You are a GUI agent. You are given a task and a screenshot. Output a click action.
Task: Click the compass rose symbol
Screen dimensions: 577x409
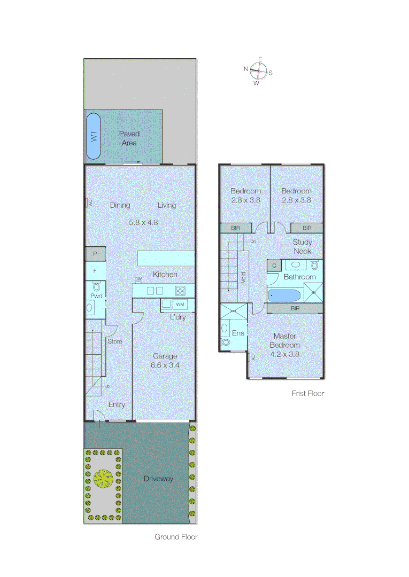click(x=259, y=71)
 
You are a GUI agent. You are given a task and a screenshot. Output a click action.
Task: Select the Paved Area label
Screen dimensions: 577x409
click(x=129, y=138)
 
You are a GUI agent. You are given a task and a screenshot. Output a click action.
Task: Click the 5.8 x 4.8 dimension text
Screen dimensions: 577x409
click(x=143, y=222)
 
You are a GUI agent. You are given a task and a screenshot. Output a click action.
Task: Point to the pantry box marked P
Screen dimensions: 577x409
click(x=95, y=254)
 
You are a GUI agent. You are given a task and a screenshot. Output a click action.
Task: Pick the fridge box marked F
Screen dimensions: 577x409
click(x=95, y=271)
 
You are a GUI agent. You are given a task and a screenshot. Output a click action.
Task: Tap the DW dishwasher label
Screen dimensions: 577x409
click(x=138, y=279)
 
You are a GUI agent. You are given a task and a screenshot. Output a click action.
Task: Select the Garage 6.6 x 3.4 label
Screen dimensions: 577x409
click(x=165, y=361)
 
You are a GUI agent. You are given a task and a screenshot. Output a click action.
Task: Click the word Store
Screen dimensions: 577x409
click(x=115, y=341)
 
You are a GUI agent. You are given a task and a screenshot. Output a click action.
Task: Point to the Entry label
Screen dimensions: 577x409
click(x=117, y=404)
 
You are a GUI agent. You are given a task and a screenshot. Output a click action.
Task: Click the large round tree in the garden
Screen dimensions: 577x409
click(x=103, y=478)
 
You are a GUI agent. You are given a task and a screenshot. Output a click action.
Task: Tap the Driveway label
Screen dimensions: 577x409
click(x=159, y=479)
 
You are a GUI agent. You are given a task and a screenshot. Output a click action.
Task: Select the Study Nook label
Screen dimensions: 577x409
click(x=303, y=246)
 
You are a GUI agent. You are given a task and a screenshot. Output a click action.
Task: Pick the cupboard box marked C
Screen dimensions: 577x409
click(x=274, y=265)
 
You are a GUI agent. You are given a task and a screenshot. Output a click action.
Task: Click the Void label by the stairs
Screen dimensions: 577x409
click(x=243, y=277)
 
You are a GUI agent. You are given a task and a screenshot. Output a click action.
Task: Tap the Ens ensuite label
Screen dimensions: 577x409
click(x=238, y=333)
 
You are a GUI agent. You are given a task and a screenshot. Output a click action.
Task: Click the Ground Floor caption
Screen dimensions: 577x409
click(x=176, y=537)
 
